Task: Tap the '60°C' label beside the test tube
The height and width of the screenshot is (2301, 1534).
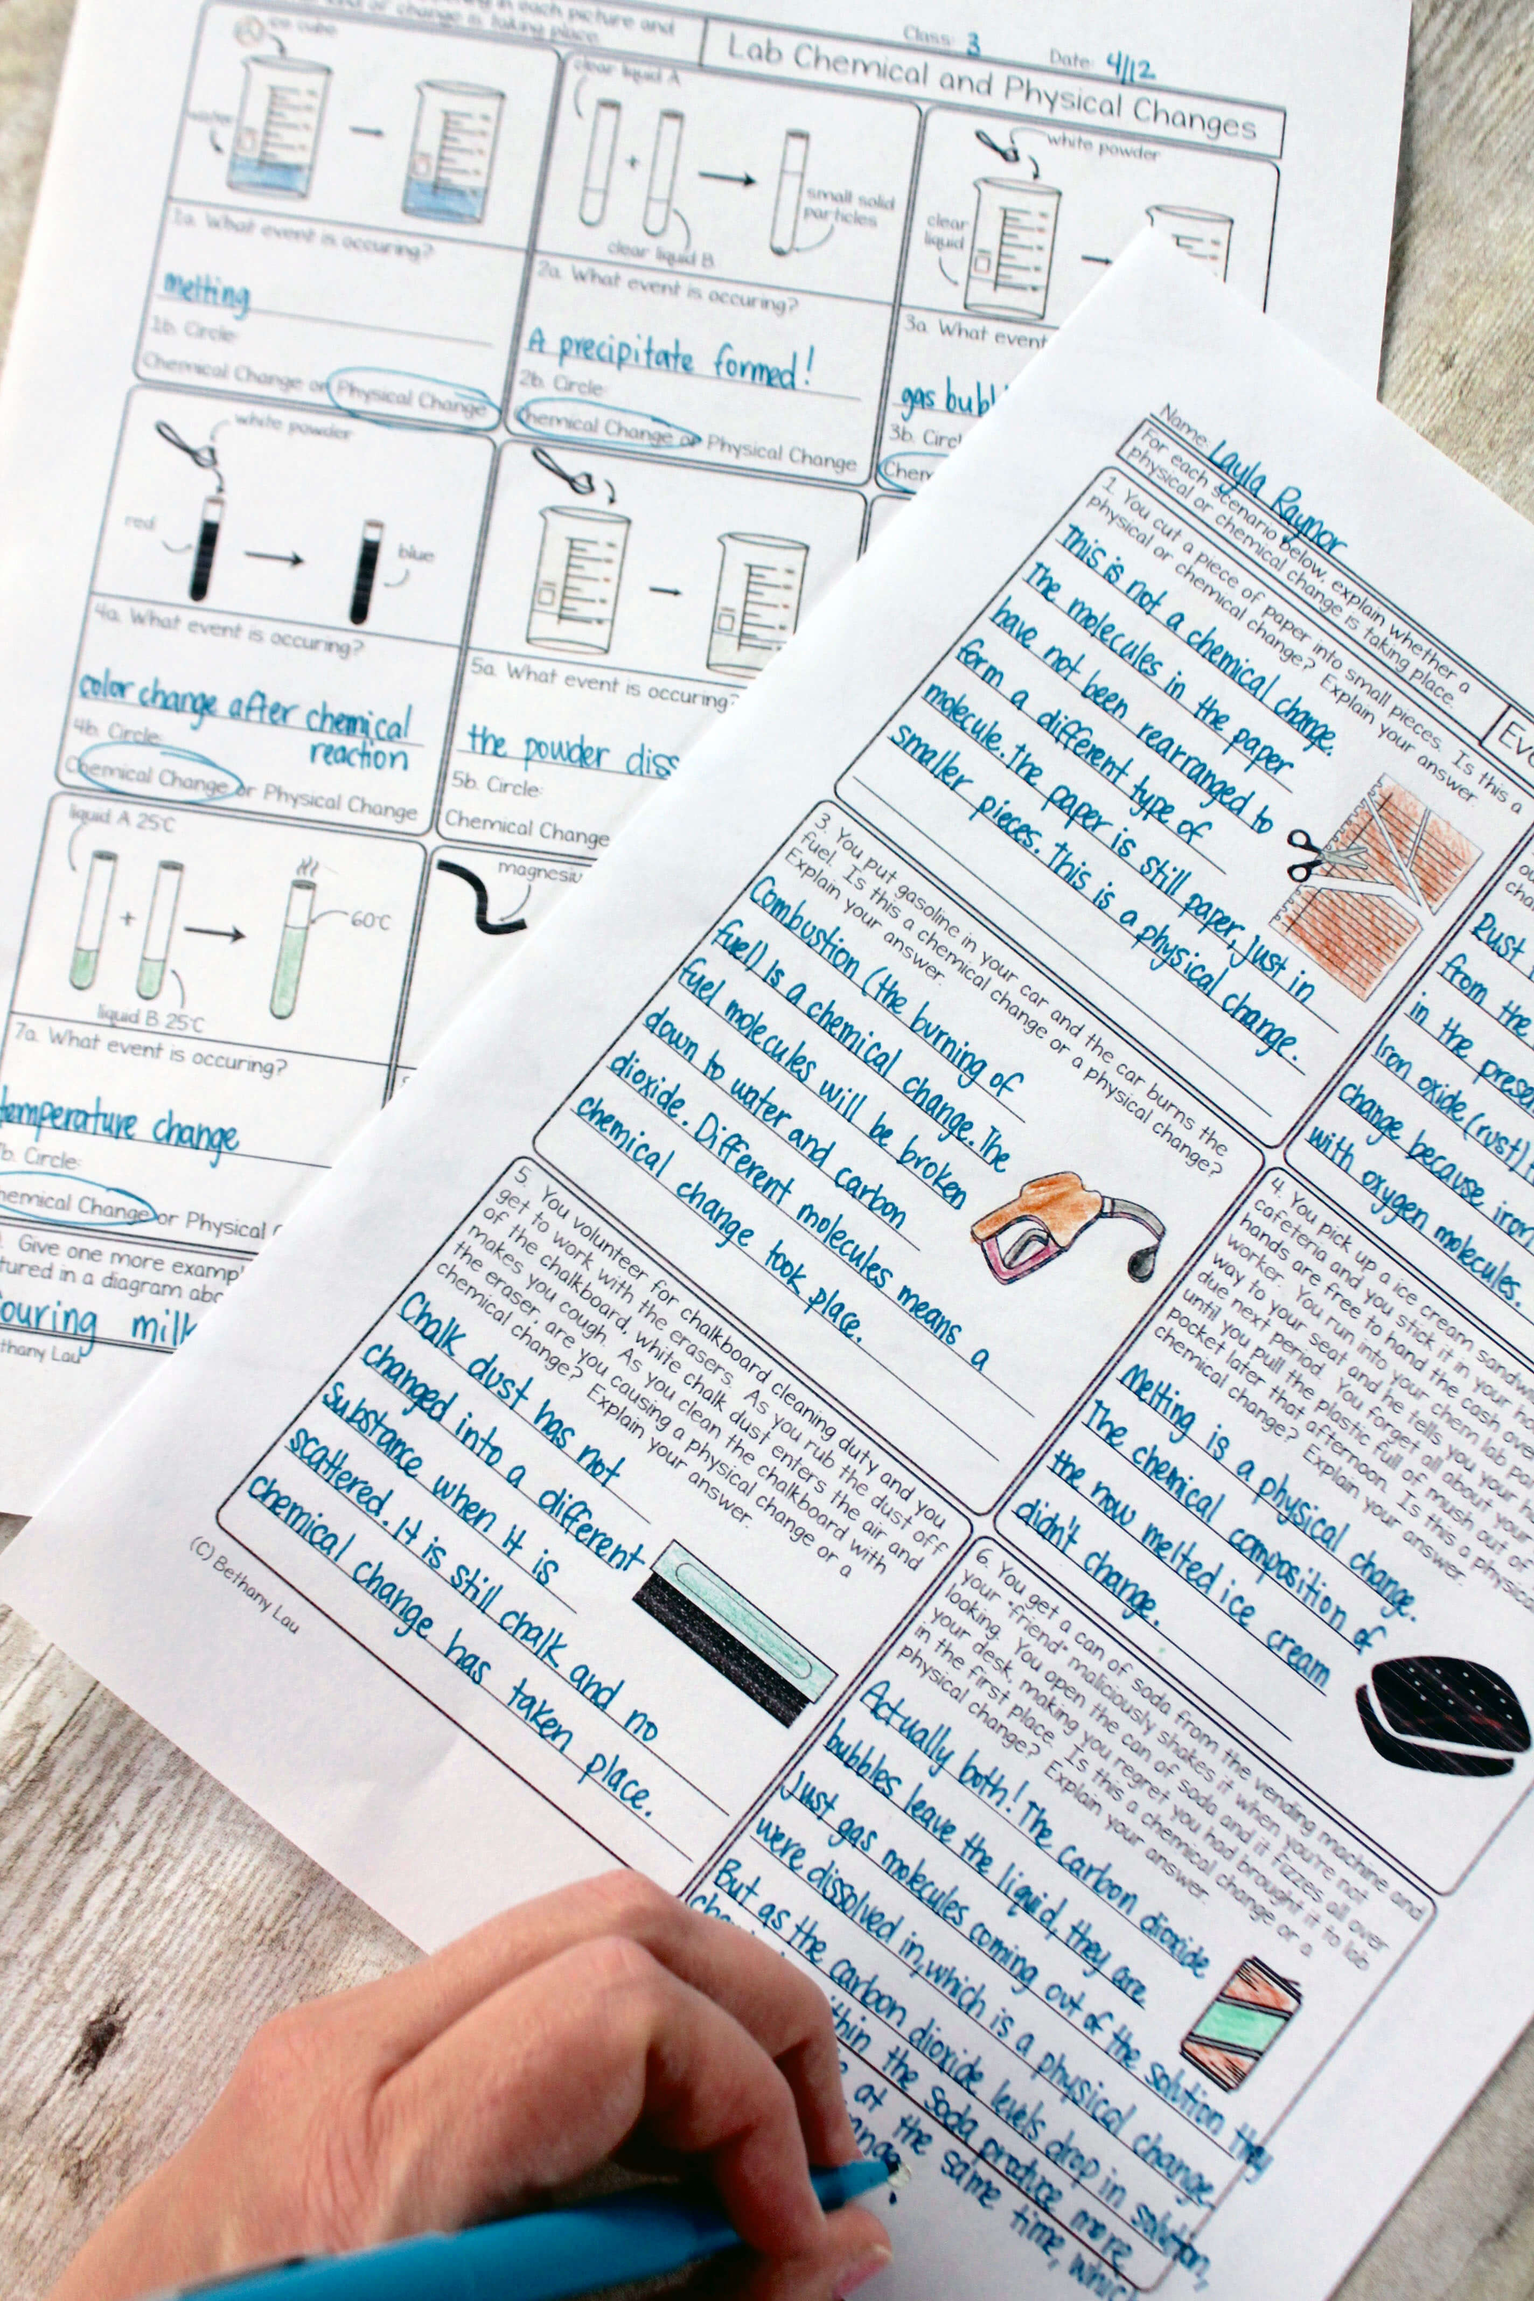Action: (x=370, y=922)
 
